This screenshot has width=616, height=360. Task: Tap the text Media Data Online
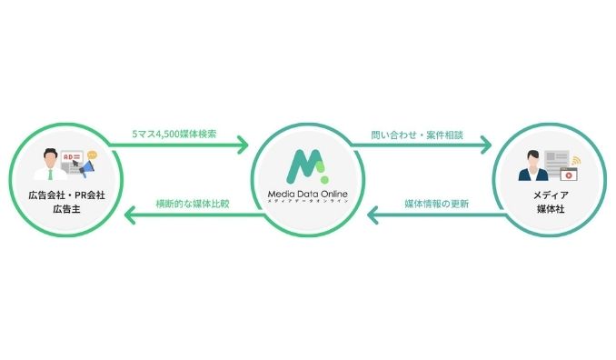click(x=307, y=194)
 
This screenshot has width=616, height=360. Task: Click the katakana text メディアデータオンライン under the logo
click(x=307, y=202)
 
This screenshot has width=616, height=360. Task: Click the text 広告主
click(x=63, y=210)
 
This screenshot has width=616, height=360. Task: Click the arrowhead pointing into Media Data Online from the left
click(x=243, y=144)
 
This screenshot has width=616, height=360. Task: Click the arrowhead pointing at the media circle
click(x=485, y=144)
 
